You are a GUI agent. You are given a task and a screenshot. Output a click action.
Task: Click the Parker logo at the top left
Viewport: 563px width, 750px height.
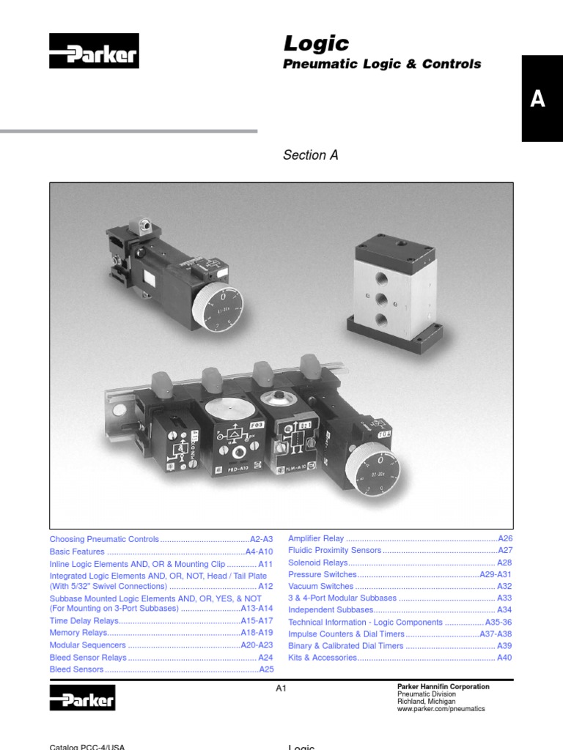[x=93, y=52]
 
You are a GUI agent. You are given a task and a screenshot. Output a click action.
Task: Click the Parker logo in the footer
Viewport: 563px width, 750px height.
[x=82, y=697]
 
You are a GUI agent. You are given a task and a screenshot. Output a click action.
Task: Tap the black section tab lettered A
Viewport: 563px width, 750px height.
[x=538, y=99]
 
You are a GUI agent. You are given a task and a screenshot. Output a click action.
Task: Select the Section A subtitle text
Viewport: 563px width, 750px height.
[x=310, y=155]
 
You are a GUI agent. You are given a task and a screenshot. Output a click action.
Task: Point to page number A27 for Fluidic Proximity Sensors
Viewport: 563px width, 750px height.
[x=505, y=550]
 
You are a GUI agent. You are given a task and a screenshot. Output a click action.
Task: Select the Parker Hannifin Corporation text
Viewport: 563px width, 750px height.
[x=443, y=687]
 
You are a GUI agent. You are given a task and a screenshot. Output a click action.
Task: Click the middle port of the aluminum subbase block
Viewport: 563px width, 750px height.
[x=380, y=298]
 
